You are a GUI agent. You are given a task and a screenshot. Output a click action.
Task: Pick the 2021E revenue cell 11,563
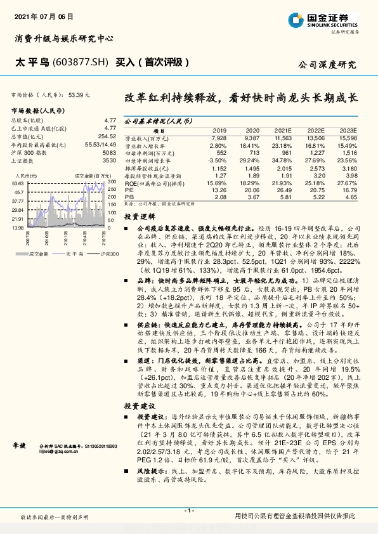point(283,138)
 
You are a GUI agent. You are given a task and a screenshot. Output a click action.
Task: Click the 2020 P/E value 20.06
point(252,189)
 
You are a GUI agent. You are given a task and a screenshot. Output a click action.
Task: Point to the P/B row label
point(129,198)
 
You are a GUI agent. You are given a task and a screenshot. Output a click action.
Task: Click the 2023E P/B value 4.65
point(350,198)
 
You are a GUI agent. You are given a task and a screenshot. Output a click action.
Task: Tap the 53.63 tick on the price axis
point(18,182)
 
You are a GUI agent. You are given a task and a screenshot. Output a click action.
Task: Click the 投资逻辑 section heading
point(138,216)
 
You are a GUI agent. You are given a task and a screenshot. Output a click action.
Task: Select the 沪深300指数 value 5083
point(109,153)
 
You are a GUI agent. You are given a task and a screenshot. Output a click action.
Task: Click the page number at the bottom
point(188,511)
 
